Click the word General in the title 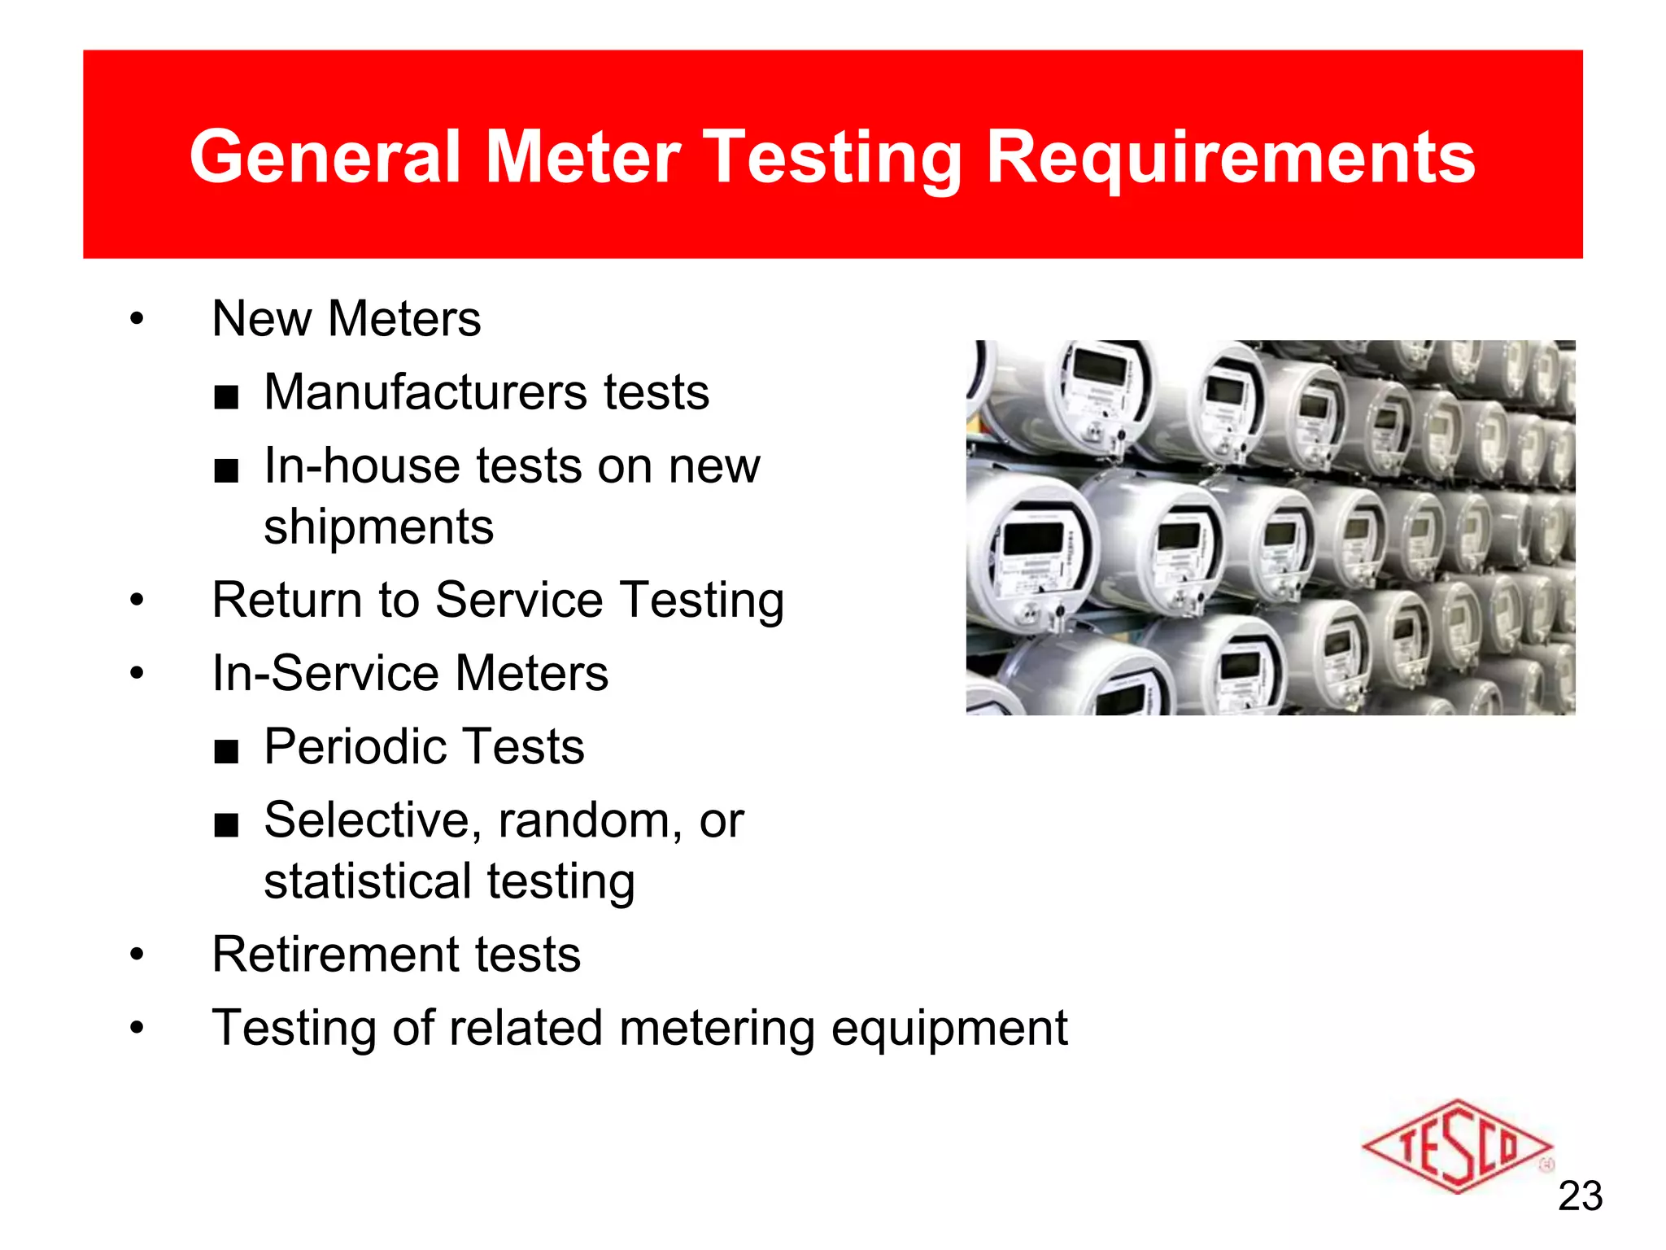325,156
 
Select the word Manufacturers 425,392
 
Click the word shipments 378,527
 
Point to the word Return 286,601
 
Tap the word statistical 365,881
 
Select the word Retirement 334,955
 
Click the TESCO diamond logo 1456,1147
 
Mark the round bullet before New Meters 137,319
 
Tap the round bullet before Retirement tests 137,955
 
